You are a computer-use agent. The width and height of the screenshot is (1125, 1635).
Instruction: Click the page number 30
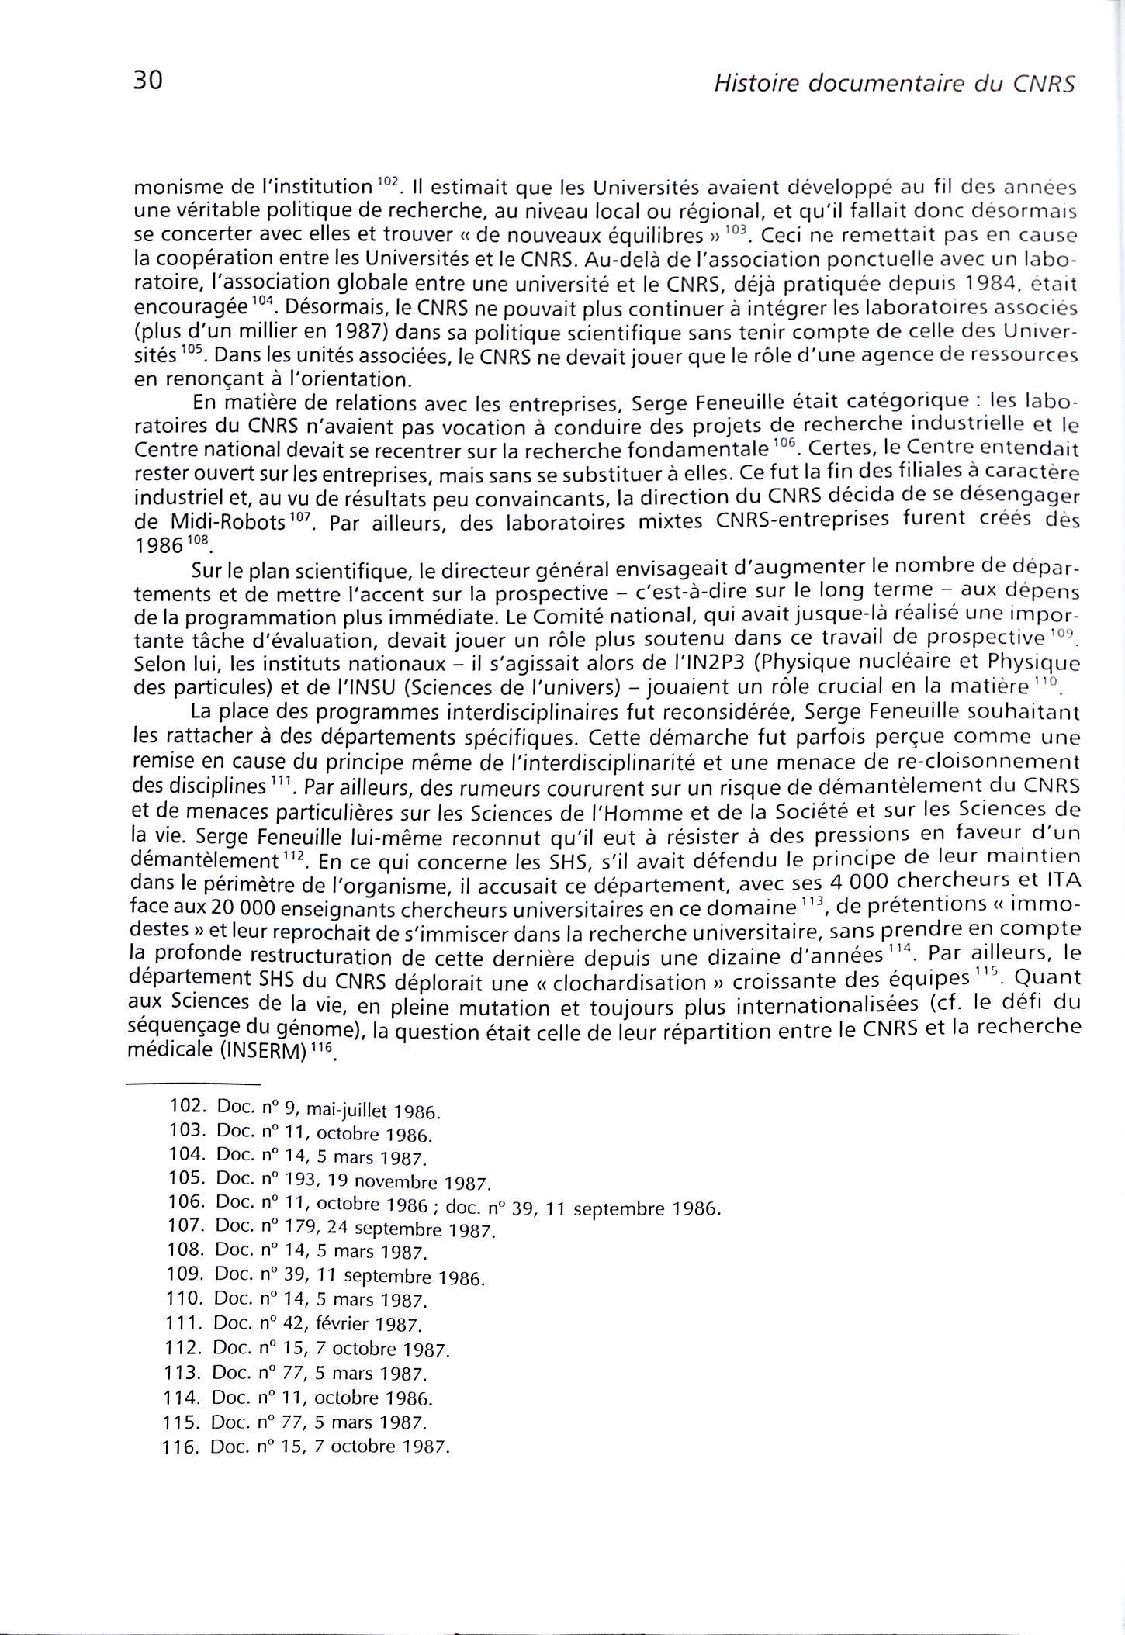tap(147, 81)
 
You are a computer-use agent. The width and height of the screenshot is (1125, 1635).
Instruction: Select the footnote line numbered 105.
tap(330, 1181)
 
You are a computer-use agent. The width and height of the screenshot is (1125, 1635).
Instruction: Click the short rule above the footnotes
tap(192, 1084)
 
